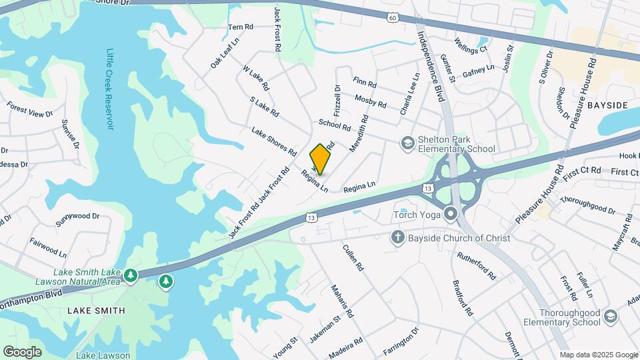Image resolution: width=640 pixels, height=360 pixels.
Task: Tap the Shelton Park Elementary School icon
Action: (x=407, y=143)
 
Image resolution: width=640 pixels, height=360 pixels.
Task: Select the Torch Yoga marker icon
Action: (x=451, y=215)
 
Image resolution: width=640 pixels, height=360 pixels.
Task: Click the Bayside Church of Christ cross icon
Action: (x=398, y=237)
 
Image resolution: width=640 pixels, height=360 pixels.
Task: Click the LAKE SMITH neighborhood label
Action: (x=96, y=311)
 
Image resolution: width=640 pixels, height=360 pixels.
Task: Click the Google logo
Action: (x=23, y=351)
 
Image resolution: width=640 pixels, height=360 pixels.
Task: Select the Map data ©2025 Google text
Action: (x=598, y=355)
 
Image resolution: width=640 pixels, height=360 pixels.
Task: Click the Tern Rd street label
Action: (x=241, y=27)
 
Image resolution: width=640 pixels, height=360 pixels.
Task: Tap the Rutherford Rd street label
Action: (x=476, y=265)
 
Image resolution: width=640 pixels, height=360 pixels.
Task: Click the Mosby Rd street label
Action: (x=371, y=101)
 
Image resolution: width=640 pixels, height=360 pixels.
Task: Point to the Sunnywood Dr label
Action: (x=77, y=219)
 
